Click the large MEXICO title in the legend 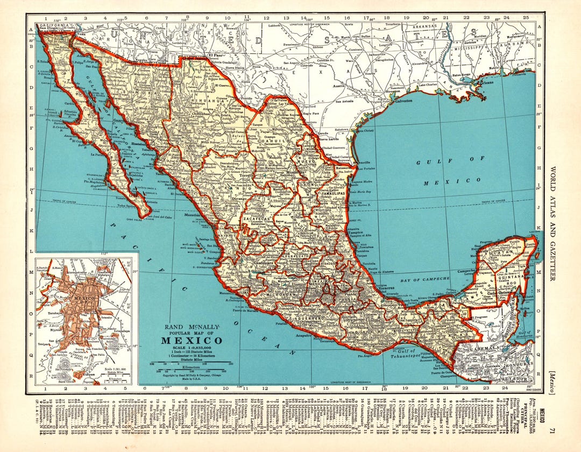191,340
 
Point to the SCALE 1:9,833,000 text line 191,348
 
